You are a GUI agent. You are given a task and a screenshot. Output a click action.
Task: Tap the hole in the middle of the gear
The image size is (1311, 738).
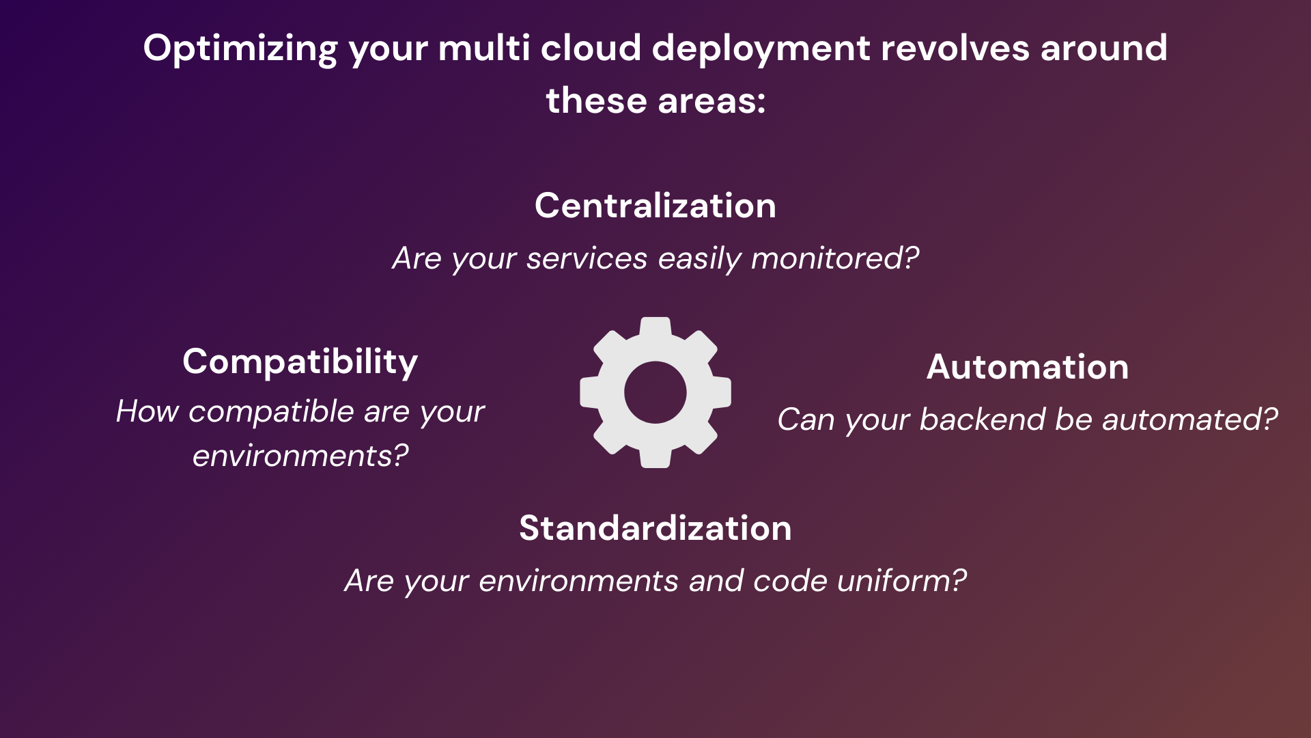655,392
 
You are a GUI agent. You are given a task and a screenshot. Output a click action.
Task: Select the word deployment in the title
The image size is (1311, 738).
761,49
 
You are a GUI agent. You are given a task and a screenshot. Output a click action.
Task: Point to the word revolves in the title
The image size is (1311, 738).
955,48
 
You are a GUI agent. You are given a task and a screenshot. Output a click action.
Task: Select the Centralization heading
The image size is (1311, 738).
655,206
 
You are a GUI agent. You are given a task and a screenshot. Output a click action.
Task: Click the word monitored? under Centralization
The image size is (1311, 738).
835,258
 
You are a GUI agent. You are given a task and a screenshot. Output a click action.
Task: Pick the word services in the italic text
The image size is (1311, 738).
587,258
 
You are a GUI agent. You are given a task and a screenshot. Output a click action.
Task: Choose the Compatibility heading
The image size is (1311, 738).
300,361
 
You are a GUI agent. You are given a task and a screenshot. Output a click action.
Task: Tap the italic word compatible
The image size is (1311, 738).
271,411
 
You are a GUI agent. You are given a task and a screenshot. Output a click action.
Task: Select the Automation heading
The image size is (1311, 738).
1028,367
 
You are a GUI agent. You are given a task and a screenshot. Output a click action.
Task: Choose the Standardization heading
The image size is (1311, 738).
655,528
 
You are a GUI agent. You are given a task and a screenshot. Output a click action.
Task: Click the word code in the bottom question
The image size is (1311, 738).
791,581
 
